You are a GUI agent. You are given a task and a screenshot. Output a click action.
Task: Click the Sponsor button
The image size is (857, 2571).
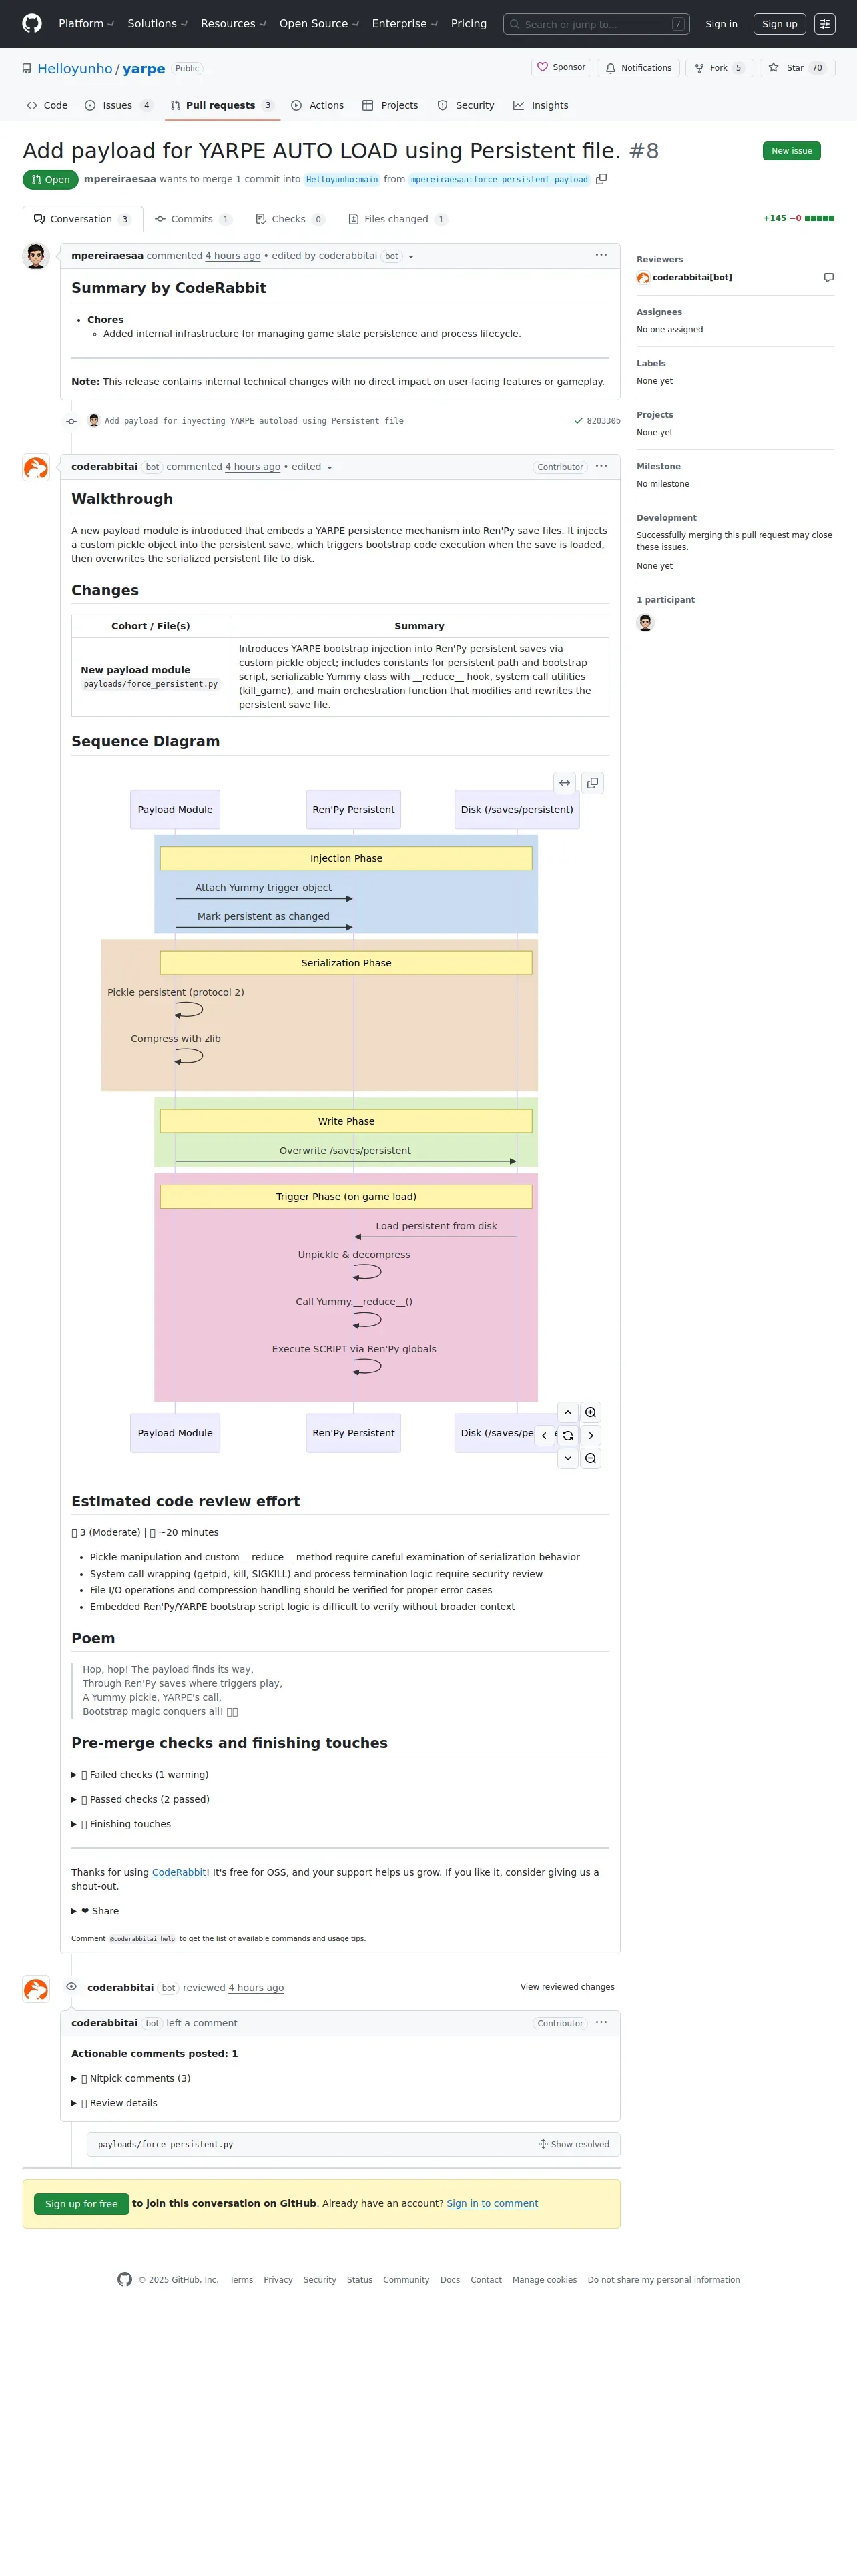click(562, 68)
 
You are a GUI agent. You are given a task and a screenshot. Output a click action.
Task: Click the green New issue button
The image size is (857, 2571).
click(791, 151)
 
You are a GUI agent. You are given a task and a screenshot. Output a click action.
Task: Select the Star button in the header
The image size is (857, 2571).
click(796, 68)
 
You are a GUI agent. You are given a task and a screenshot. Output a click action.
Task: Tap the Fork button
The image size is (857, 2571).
click(718, 68)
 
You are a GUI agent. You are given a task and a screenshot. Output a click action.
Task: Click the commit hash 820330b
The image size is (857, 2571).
click(603, 421)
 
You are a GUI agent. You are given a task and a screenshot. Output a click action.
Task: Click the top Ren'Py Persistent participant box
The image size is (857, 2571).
click(353, 810)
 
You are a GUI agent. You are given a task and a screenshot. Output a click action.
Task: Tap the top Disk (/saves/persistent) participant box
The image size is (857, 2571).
click(517, 810)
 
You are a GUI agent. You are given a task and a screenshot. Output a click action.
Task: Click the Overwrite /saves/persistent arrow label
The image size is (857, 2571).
click(344, 1151)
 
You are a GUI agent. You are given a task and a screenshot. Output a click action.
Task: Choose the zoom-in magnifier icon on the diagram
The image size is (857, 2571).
click(591, 1412)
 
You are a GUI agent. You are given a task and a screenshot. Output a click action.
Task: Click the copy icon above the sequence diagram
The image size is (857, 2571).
click(593, 784)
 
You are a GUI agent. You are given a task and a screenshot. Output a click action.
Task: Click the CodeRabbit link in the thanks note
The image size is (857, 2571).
click(180, 1872)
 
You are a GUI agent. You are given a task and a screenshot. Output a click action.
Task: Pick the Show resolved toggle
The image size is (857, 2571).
click(575, 2144)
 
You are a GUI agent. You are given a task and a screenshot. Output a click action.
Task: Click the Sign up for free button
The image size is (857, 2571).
click(81, 2204)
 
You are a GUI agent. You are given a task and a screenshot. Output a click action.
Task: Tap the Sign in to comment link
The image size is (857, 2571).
click(492, 2203)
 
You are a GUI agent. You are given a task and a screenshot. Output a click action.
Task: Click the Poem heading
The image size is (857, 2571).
click(93, 1639)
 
